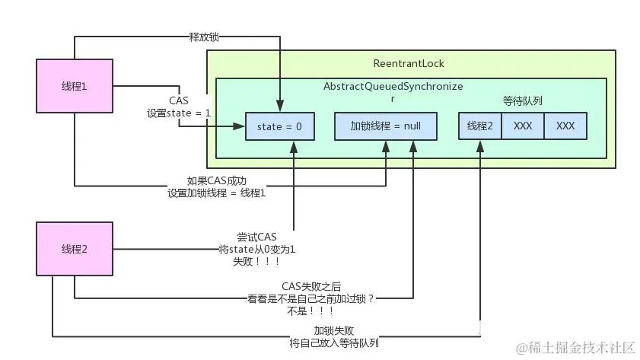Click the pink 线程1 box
pyautogui.click(x=74, y=86)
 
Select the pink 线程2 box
pyautogui.click(x=74, y=250)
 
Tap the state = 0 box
pyautogui.click(x=279, y=126)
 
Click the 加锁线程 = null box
pyautogui.click(x=386, y=126)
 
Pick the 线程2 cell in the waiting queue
pyautogui.click(x=479, y=126)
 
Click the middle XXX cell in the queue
pyautogui.click(x=523, y=126)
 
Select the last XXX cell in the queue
pyautogui.click(x=565, y=126)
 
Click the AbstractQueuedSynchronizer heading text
pyautogui.click(x=393, y=88)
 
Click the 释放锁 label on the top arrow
pyautogui.click(x=204, y=36)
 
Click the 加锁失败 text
pyautogui.click(x=333, y=330)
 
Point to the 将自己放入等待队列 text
pyautogui.click(x=334, y=342)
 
